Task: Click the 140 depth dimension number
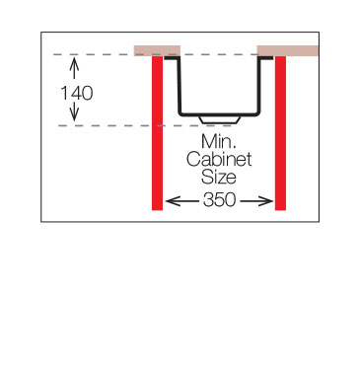[77, 93]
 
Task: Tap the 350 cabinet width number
[219, 200]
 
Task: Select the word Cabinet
[219, 160]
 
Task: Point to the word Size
[219, 178]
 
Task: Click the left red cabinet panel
[157, 133]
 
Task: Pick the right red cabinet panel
[280, 133]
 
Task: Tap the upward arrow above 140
[75, 68]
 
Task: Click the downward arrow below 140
[75, 111]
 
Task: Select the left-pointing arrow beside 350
[182, 200]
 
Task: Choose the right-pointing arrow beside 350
[256, 200]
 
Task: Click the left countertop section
[157, 50]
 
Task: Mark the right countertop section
[288, 50]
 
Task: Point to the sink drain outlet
[219, 119]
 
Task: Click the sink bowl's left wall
[180, 86]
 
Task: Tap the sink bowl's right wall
[259, 86]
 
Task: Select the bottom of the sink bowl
[219, 114]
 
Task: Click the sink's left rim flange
[172, 58]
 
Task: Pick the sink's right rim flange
[265, 58]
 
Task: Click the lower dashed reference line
[146, 125]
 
